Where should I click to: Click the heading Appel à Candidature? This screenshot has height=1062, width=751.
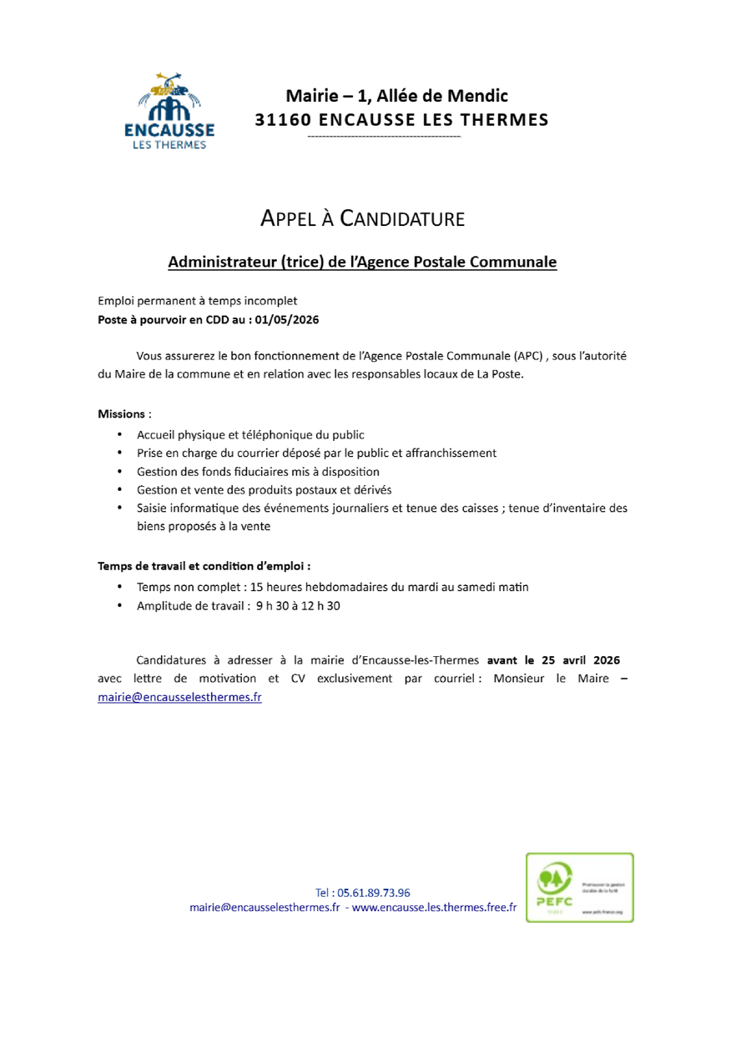tap(362, 219)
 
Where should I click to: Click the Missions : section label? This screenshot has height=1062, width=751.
tap(124, 413)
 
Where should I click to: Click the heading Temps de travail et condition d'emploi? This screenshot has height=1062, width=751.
tap(204, 566)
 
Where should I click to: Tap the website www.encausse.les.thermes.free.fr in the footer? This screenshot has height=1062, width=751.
tap(434, 907)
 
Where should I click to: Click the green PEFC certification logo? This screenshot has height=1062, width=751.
tap(578, 887)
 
